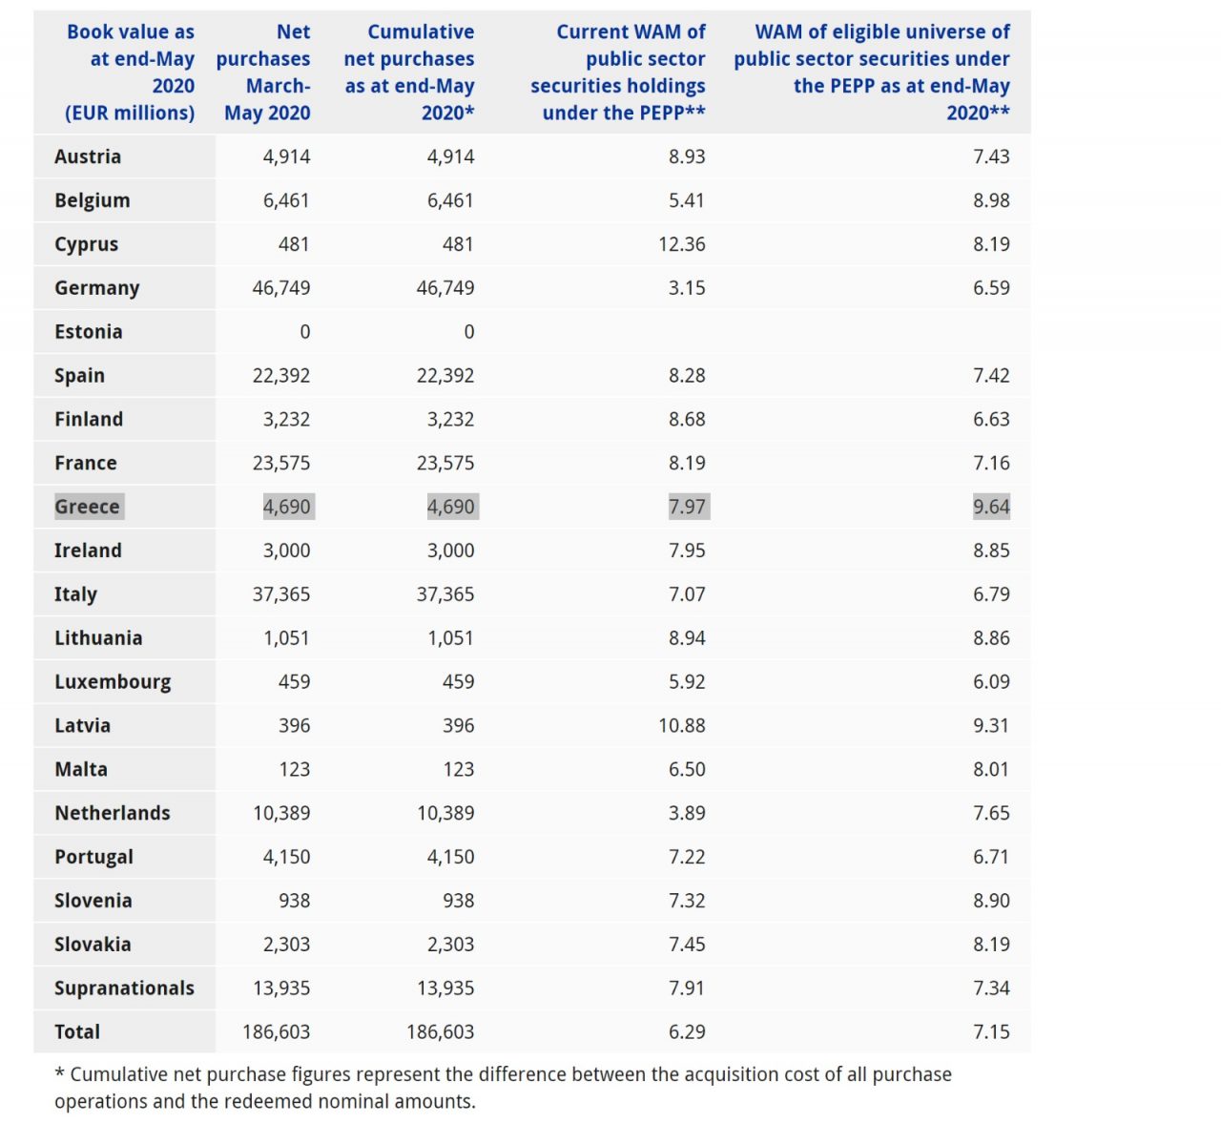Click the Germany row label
(96, 288)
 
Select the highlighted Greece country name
(87, 507)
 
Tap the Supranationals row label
(124, 988)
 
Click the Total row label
(77, 1032)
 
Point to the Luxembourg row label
(113, 682)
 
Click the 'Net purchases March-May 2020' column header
(263, 73)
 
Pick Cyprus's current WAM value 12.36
(681, 244)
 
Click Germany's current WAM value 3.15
(687, 288)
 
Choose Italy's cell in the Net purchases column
(281, 594)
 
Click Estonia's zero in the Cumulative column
(468, 332)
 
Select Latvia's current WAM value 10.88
(681, 726)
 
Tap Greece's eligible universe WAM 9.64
(991, 507)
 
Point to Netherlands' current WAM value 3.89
(687, 813)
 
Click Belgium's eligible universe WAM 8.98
(991, 200)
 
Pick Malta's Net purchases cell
(294, 769)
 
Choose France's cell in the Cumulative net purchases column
(445, 463)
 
